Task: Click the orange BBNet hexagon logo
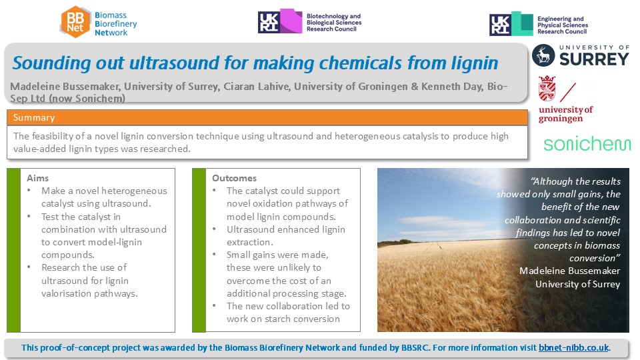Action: click(75, 22)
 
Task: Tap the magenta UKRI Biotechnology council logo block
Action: click(291, 21)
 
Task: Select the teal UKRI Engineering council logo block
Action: click(522, 24)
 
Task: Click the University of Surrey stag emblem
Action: click(543, 55)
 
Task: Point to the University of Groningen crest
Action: click(547, 88)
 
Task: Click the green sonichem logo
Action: click(587, 144)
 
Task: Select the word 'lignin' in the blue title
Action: click(474, 64)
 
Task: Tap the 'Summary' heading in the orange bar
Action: click(34, 117)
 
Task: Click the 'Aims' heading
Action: click(37, 178)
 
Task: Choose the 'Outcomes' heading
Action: click(234, 178)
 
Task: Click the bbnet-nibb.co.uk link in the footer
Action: click(573, 348)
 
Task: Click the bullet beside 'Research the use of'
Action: click(29, 267)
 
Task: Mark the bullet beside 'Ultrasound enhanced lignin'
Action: click(214, 229)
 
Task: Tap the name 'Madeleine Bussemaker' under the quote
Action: click(569, 271)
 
